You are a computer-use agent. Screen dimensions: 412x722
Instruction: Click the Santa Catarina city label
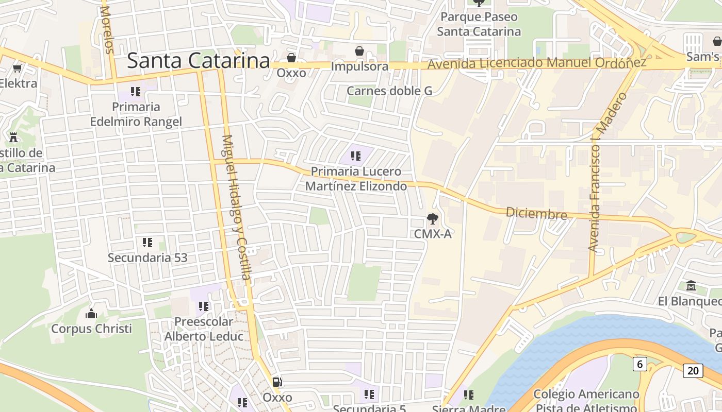(199, 61)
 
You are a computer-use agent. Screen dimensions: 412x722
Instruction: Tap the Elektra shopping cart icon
(17, 68)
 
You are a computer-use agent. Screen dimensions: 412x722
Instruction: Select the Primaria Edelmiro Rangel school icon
(136, 92)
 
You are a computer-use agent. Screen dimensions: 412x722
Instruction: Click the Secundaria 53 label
(147, 257)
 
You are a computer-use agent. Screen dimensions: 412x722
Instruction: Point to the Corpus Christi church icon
(91, 313)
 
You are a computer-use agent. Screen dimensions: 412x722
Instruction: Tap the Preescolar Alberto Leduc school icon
(204, 306)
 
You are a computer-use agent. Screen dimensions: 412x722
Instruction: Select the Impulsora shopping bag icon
(359, 51)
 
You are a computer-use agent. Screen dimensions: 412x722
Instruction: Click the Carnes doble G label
(389, 91)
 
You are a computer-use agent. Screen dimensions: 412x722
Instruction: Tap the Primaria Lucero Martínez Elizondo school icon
(356, 156)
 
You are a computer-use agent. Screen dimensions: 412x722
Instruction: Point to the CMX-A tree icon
(433, 219)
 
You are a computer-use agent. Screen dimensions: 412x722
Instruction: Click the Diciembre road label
(536, 213)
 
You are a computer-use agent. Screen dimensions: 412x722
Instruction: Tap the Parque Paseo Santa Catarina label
(479, 24)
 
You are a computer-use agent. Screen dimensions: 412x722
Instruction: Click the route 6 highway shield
(639, 364)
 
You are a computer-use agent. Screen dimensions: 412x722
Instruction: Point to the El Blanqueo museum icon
(691, 285)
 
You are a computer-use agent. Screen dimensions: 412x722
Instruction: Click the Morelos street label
(107, 30)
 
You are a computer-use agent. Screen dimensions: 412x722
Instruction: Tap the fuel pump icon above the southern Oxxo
(277, 382)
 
